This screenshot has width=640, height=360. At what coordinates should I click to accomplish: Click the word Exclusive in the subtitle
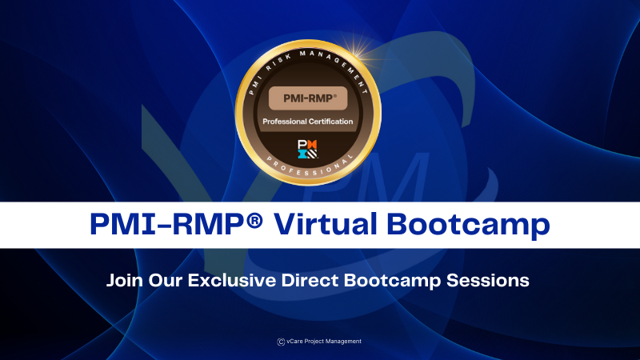[x=224, y=282]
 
